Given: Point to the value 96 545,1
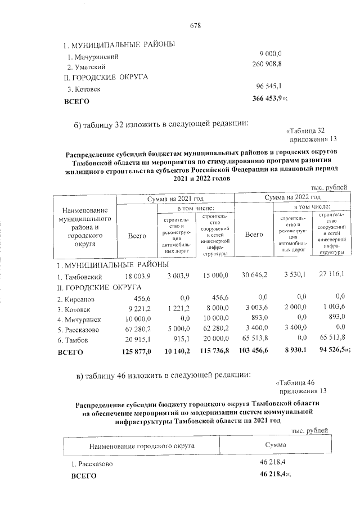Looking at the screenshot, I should click(x=272, y=87).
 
